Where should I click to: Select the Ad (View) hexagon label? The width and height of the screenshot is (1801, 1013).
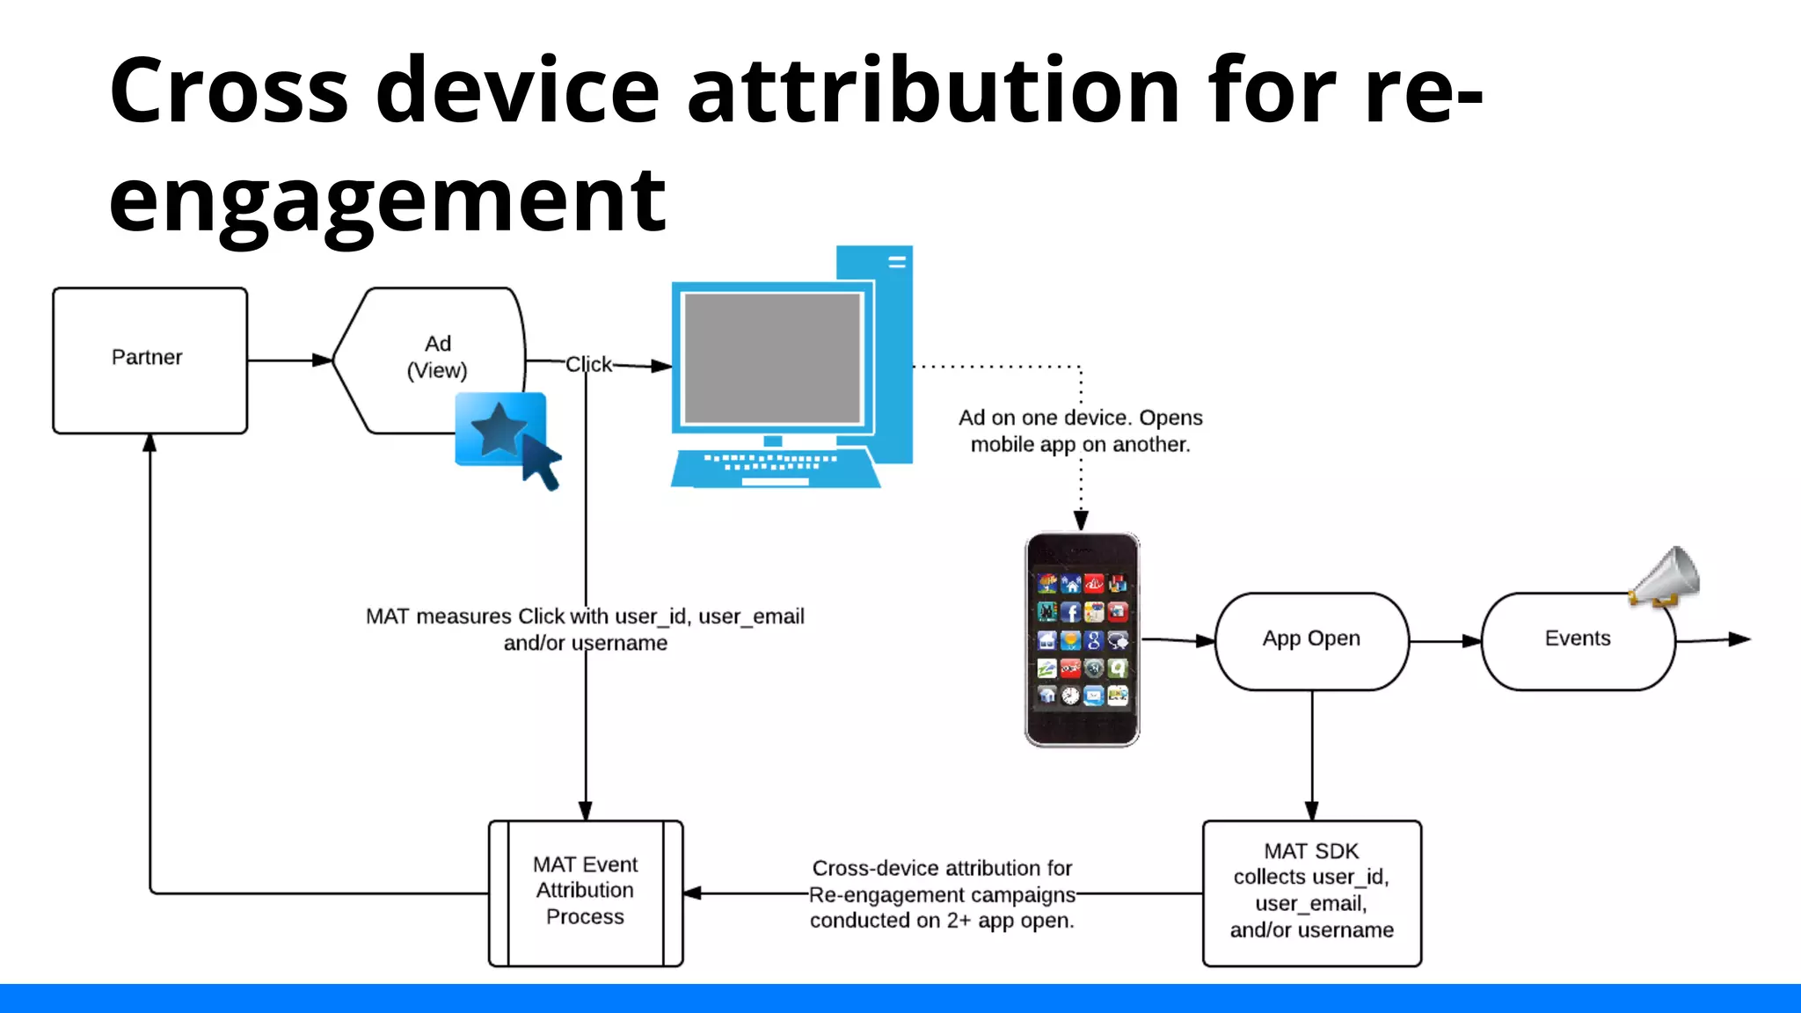coord(437,357)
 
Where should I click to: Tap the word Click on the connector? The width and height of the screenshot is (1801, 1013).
coord(588,364)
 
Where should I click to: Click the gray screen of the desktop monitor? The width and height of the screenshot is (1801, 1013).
coord(772,358)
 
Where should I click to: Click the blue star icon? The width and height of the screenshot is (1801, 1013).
coord(498,428)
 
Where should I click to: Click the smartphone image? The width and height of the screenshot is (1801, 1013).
coord(1082,639)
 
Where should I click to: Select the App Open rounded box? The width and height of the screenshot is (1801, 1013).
coord(1311,640)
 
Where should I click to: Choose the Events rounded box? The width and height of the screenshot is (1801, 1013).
coord(1578,640)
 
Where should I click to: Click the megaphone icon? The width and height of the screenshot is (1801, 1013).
coord(1666,577)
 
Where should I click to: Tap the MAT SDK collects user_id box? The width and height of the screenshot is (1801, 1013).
coord(1311,892)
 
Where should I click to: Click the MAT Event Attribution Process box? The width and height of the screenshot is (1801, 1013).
coord(585,892)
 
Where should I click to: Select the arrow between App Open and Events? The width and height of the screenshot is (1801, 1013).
coord(1445,641)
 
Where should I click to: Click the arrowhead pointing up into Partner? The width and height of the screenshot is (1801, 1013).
coord(150,443)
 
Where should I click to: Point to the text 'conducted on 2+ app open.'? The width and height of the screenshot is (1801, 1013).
coord(942,921)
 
